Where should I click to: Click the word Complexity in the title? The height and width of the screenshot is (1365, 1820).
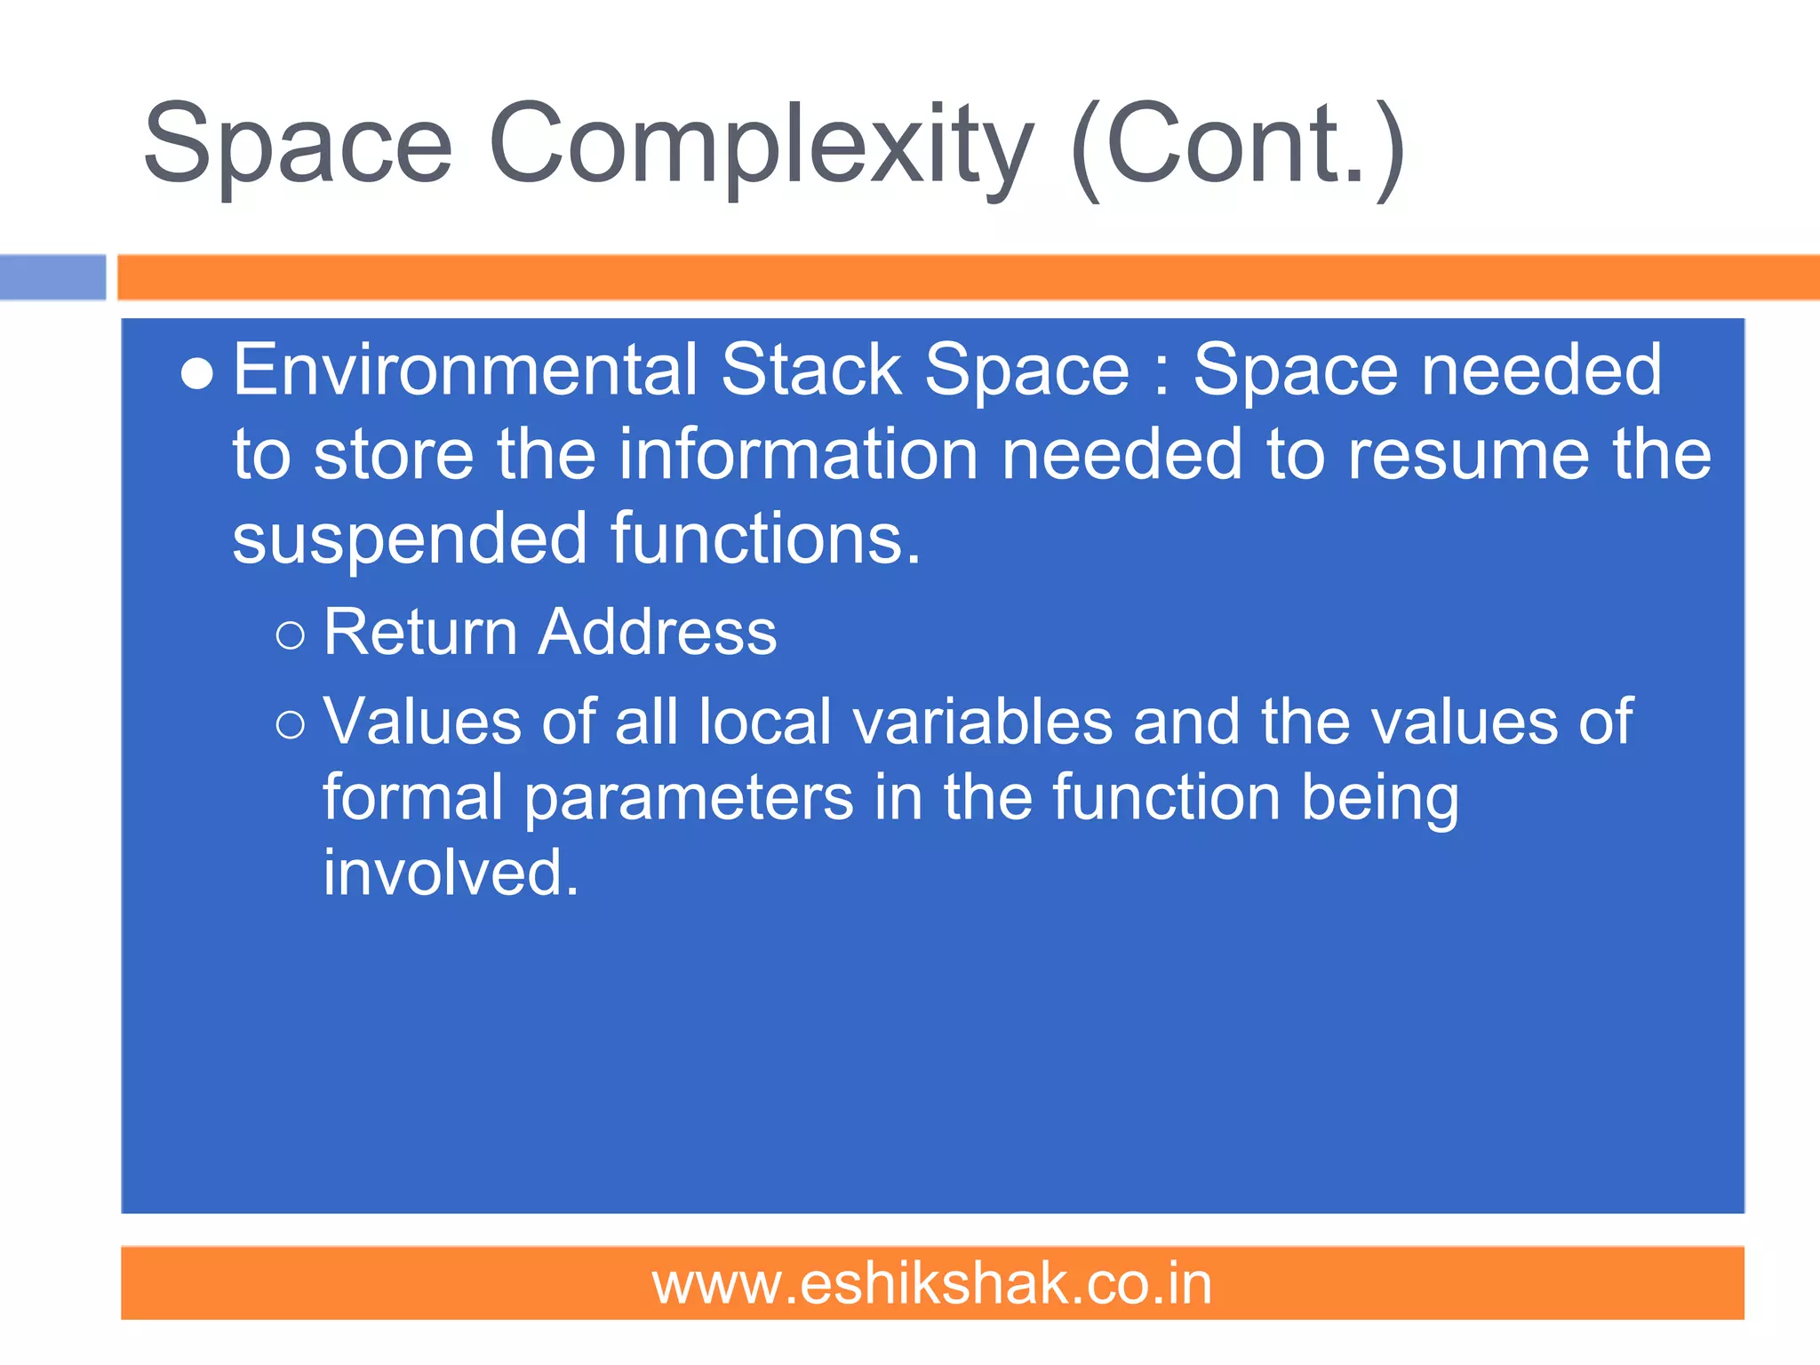coord(760,147)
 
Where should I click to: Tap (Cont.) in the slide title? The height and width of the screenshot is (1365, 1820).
coord(1237,147)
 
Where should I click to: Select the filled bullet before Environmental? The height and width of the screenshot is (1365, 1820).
coord(196,374)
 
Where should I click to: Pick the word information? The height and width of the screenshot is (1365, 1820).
coord(798,454)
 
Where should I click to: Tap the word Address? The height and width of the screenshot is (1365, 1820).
coord(658,632)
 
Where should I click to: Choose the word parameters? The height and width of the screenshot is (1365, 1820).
coord(688,797)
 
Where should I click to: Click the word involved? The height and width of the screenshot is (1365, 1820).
coord(450,873)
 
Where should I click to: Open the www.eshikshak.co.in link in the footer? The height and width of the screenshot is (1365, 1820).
coord(931,1284)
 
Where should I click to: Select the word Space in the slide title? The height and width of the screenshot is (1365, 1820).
coord(298,147)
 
